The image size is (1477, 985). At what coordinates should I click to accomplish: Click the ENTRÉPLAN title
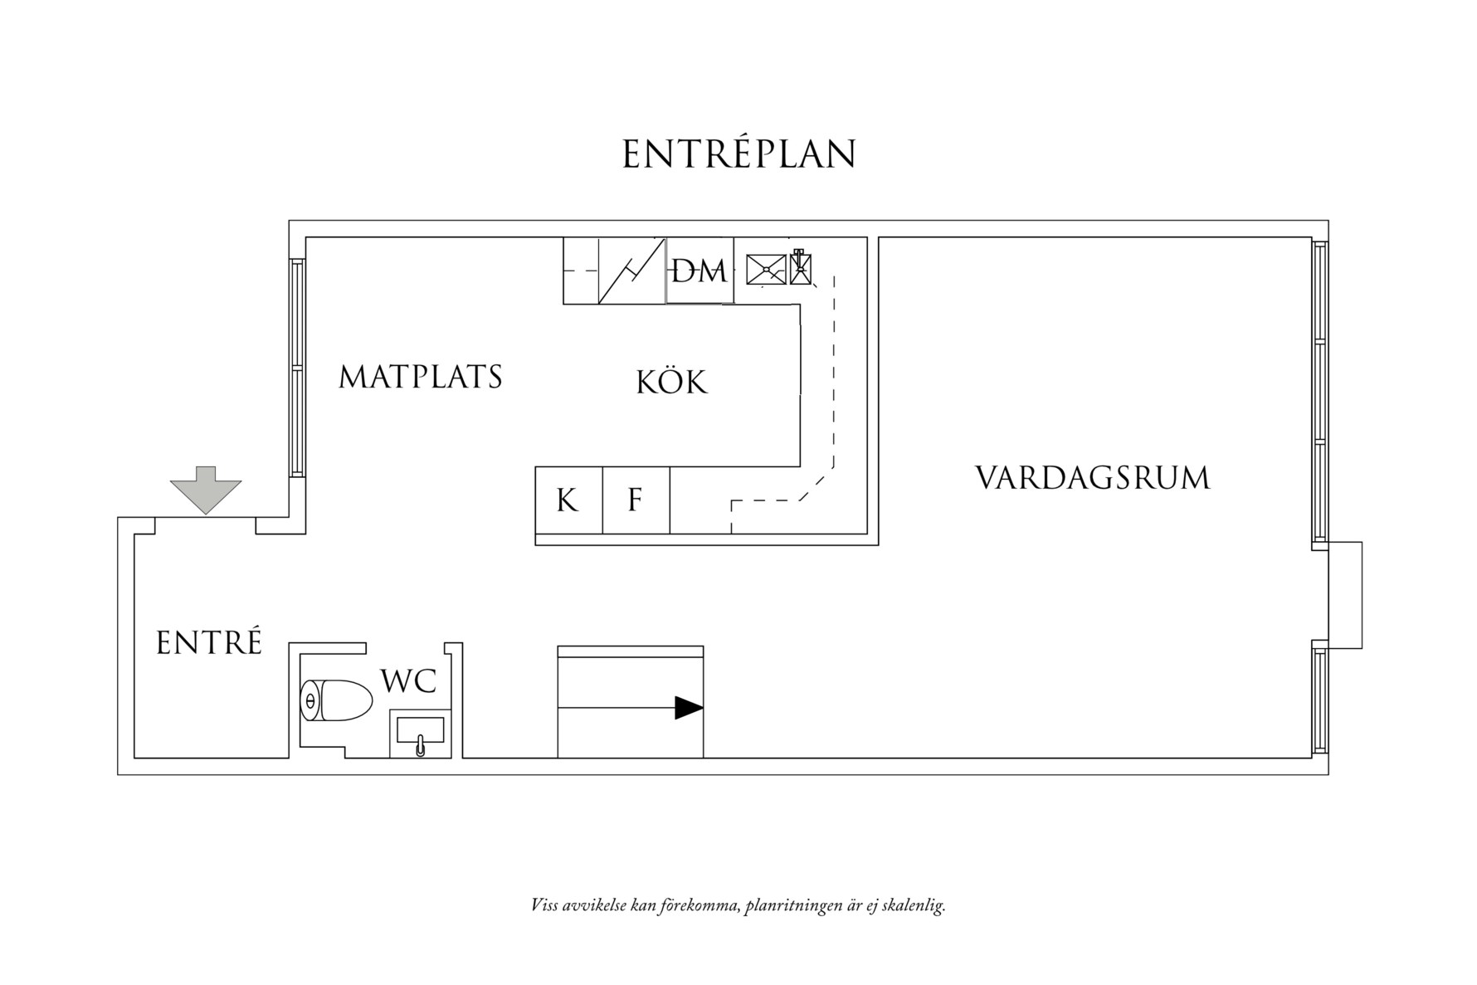[x=738, y=154]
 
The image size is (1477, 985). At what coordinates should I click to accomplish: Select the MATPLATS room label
[x=421, y=377]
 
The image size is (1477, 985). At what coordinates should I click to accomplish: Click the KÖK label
[x=672, y=383]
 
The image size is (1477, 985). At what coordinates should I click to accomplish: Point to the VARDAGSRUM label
[x=1092, y=479]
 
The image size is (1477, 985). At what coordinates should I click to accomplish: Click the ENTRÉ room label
[x=209, y=643]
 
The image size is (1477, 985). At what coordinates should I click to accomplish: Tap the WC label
[x=408, y=681]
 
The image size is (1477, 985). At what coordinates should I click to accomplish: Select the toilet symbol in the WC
[x=335, y=701]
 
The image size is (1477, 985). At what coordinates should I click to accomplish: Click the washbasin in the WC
[x=421, y=733]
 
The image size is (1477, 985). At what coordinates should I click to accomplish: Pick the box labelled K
[x=568, y=500]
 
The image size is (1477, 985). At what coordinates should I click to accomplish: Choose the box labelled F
[x=636, y=500]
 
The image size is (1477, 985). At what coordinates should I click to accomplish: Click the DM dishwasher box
[x=700, y=271]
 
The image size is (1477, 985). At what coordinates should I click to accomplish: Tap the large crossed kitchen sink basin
[x=766, y=270]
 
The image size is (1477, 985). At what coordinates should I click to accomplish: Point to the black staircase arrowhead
[x=689, y=708]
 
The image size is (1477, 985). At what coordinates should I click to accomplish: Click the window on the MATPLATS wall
[x=297, y=367]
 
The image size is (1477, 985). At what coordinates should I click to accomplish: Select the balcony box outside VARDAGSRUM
[x=1345, y=594]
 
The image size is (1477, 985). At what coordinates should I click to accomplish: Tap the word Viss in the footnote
[x=544, y=905]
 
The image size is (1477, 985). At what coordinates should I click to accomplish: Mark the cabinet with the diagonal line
[x=631, y=271]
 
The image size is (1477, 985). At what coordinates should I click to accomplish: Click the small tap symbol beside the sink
[x=800, y=267]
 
